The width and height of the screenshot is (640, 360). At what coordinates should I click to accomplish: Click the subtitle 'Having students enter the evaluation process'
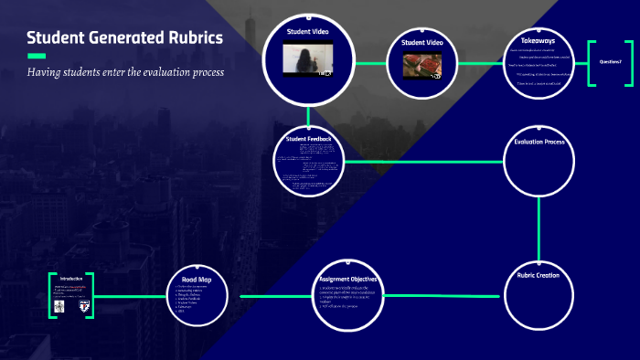click(125, 72)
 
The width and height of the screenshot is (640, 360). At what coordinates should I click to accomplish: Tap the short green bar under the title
click(37, 56)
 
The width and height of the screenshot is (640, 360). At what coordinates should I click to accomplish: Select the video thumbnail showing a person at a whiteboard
click(308, 60)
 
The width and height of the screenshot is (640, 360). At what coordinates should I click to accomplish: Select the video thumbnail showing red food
click(422, 66)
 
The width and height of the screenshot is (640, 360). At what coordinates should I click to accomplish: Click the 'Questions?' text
click(610, 61)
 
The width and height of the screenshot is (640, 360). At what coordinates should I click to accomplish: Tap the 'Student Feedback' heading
click(308, 139)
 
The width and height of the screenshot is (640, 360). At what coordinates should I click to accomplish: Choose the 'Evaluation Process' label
click(539, 143)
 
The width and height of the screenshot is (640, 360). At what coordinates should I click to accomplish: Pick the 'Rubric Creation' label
click(539, 275)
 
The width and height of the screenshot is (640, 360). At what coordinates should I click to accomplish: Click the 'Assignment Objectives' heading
click(348, 279)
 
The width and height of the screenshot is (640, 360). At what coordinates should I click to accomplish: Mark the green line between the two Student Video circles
click(370, 64)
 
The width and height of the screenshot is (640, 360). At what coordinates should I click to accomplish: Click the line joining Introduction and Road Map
click(133, 297)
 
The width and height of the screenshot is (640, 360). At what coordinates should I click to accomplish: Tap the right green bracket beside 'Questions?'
click(630, 64)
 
